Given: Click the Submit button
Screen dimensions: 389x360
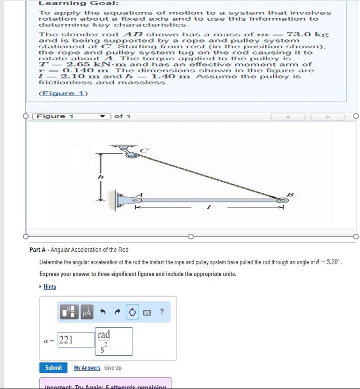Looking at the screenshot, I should pyautogui.click(x=54, y=368).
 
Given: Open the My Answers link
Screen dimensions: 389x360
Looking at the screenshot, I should pyautogui.click(x=87, y=368).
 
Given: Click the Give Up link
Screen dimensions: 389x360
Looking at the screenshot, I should pyautogui.click(x=113, y=368).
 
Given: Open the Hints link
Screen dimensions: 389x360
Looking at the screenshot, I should pyautogui.click(x=50, y=287).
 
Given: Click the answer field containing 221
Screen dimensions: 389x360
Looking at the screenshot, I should pyautogui.click(x=73, y=340).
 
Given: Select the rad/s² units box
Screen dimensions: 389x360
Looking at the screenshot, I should pyautogui.click(x=113, y=340).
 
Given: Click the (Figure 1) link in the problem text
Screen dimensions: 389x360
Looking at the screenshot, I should pyautogui.click(x=63, y=93).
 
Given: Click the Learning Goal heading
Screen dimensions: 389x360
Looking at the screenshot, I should pyautogui.click(x=71, y=3).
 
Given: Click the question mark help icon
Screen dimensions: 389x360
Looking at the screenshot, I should pyautogui.click(x=162, y=312).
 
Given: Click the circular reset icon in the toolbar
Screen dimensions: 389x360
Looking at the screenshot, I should pyautogui.click(x=132, y=312).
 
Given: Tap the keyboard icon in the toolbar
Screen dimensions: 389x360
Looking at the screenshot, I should pyautogui.click(x=148, y=312).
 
